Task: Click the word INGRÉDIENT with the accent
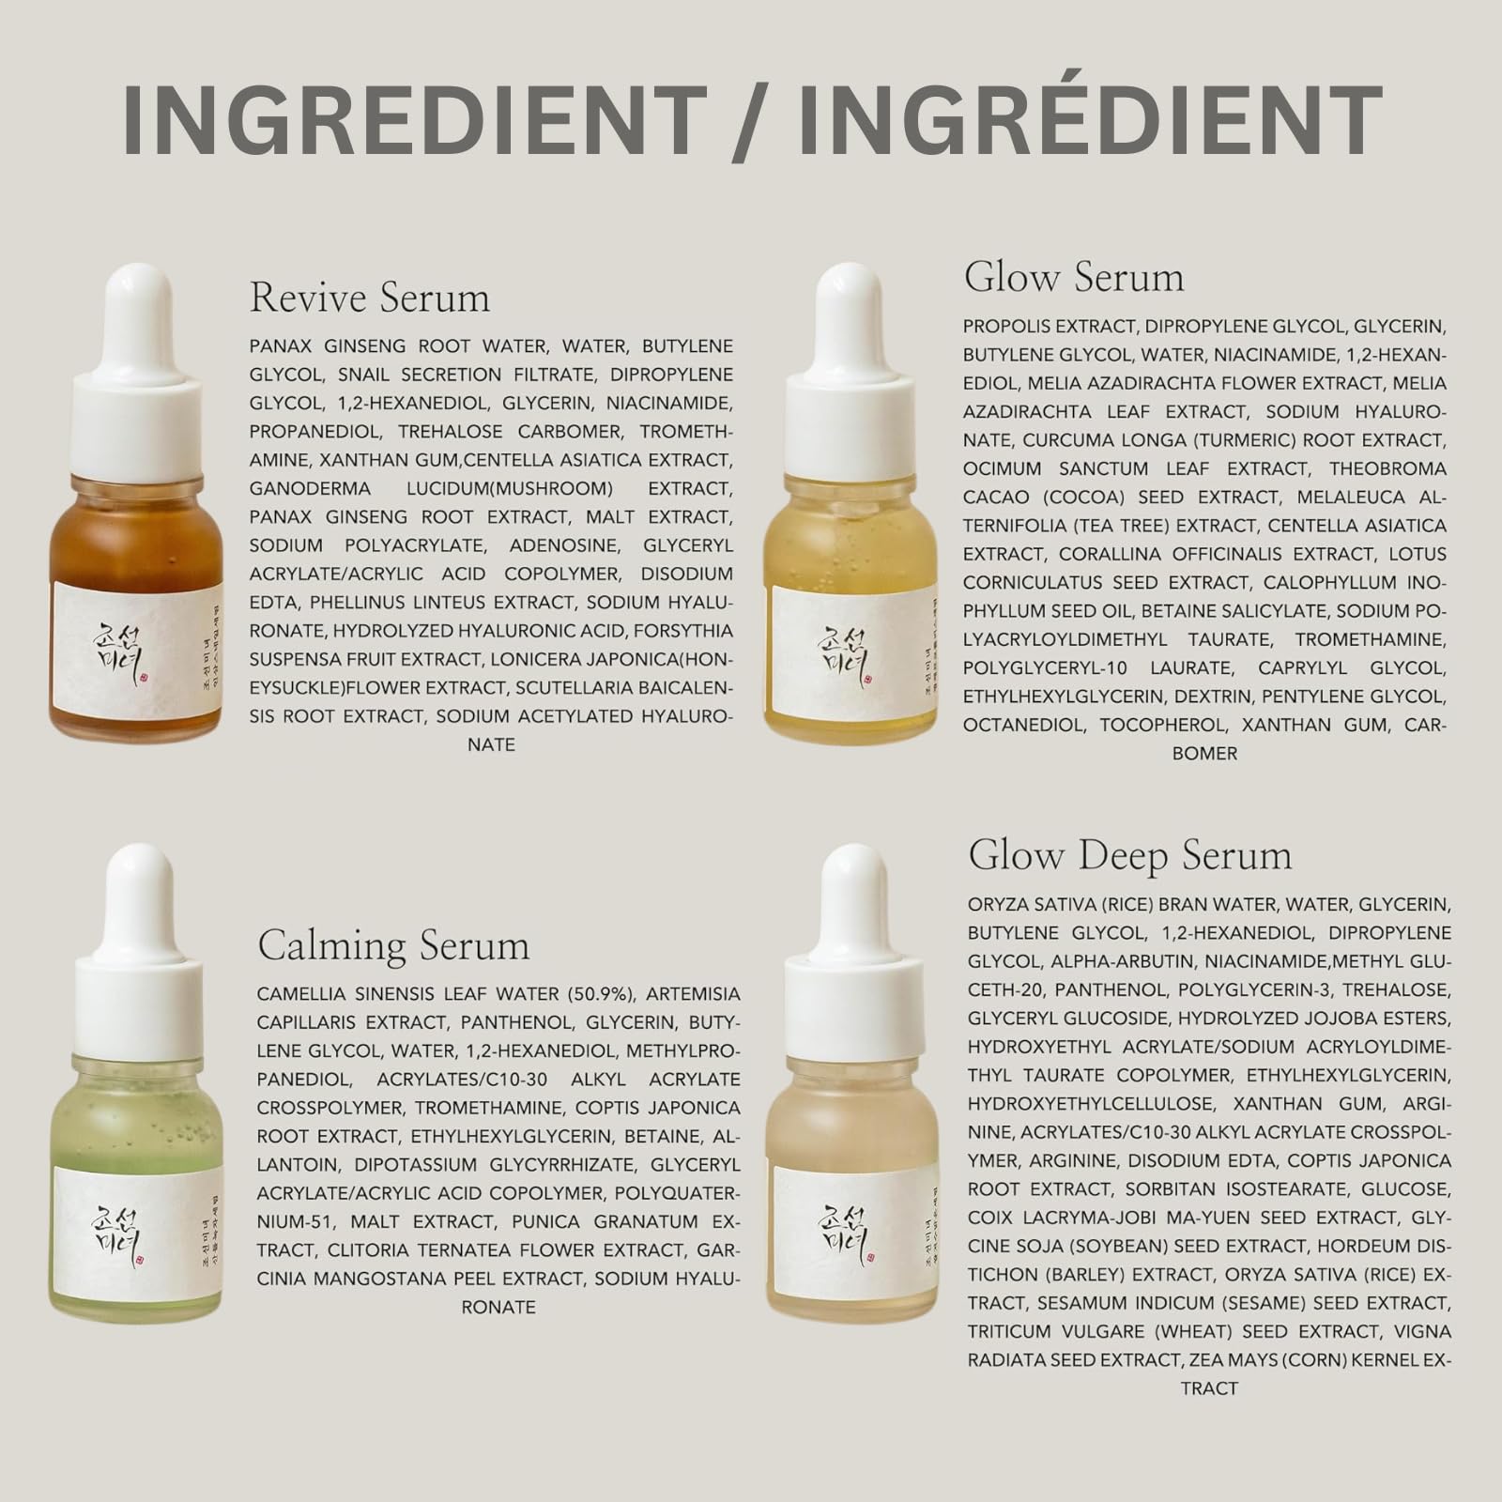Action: coord(1090,121)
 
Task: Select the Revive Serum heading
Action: coord(370,298)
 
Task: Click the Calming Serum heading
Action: coord(393,944)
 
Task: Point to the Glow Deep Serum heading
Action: coord(1130,855)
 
